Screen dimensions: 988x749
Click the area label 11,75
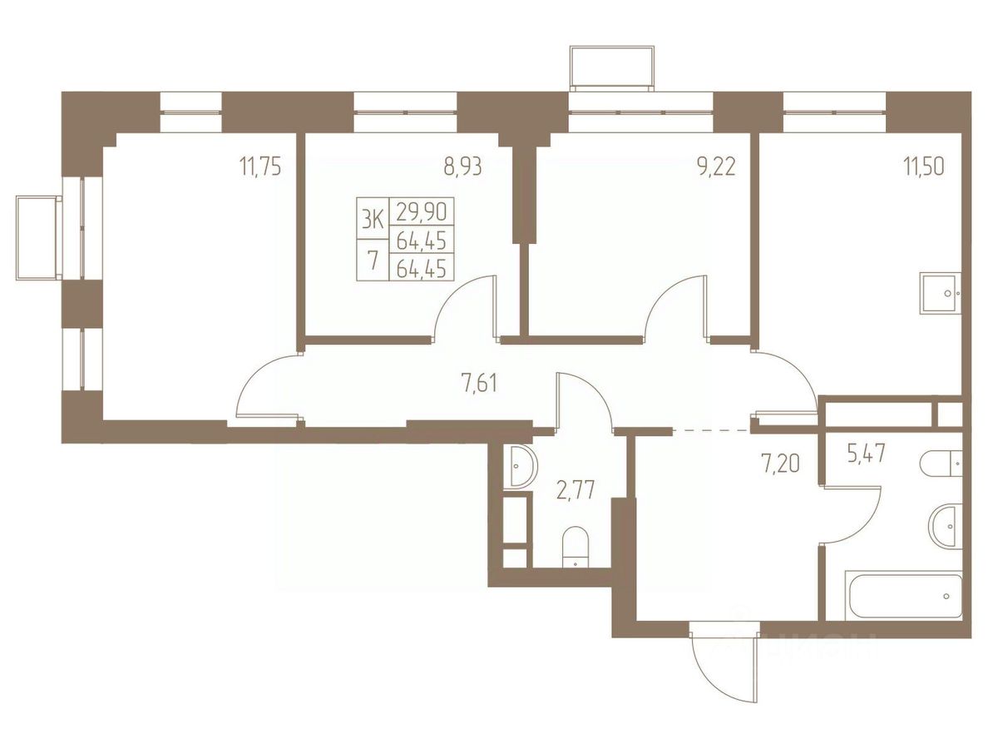259,168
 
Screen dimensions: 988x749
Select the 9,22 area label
716,168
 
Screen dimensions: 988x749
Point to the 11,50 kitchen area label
924,168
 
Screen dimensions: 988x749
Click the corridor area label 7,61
480,382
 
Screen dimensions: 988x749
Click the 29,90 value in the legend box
422,211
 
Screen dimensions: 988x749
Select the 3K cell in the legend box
373,219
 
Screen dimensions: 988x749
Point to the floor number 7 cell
373,260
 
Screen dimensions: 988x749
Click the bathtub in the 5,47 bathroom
903,596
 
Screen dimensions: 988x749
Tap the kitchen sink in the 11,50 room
941,293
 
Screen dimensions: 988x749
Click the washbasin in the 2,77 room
521,466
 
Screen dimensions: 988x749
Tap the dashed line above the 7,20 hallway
711,430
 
